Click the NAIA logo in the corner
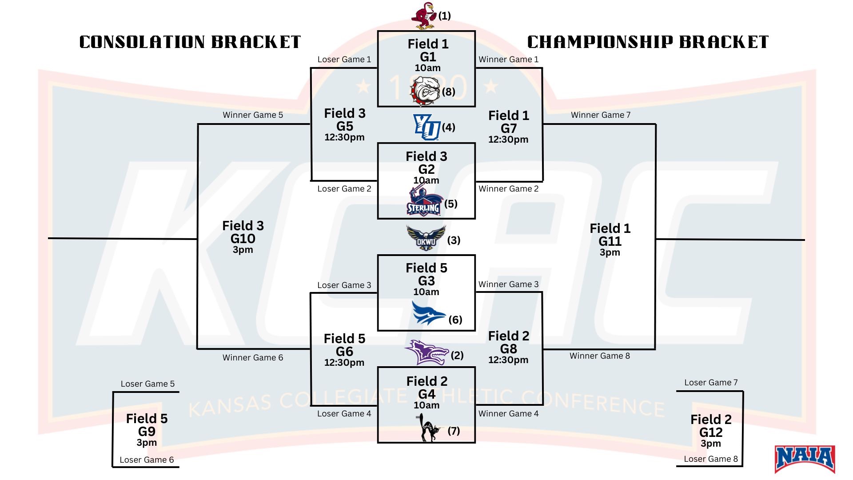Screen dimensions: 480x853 (x=805, y=459)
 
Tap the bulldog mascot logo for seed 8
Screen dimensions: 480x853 (x=425, y=92)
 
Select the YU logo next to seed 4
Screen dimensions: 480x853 (x=426, y=127)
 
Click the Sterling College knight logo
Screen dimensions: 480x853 (x=424, y=202)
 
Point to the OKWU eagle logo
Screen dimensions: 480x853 (x=426, y=238)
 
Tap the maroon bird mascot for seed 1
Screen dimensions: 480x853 (x=424, y=16)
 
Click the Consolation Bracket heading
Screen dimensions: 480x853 (x=190, y=42)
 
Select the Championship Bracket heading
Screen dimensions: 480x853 (x=648, y=42)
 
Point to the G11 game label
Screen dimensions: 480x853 (x=610, y=241)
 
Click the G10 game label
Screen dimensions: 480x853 (x=243, y=239)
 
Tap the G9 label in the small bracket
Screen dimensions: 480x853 (x=147, y=432)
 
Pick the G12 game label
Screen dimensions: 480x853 (x=711, y=432)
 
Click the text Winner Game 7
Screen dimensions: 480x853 (x=601, y=115)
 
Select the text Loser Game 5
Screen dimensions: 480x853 (x=147, y=384)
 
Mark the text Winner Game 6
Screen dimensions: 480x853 (x=253, y=358)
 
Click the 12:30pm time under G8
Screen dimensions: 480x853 (x=508, y=360)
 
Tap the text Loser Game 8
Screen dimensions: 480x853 (x=711, y=459)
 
